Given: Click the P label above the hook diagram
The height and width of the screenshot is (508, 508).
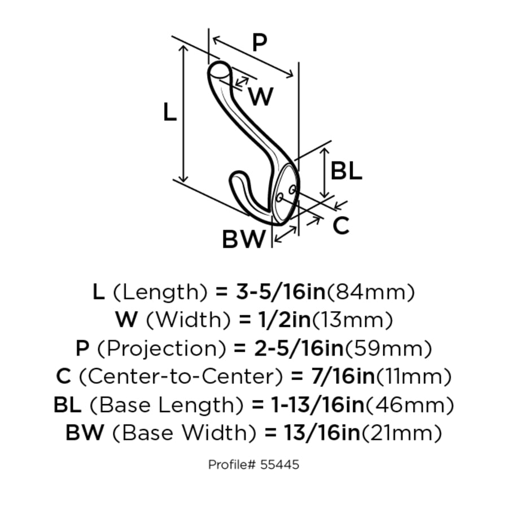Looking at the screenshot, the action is pos(260,42).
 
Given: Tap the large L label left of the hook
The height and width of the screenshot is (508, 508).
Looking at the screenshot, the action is pos(170,112).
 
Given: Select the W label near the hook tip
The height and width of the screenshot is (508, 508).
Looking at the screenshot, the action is pos(261,96).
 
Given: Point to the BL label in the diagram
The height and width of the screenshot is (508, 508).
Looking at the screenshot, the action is pos(346,170).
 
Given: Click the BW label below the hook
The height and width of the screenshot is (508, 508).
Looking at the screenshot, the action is pos(244,239).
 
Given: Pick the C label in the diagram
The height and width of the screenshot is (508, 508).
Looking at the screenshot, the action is pos(341,225).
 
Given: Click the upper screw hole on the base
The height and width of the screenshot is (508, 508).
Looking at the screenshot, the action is pos(292,190).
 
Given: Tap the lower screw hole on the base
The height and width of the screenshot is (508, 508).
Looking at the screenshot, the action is pos(279,197).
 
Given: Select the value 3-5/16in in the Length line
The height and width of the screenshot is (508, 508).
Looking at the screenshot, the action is pos(281,292).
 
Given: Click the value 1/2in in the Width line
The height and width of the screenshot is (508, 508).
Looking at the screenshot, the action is pos(285,320).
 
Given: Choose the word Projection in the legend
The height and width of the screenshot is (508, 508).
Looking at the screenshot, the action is pos(161,349).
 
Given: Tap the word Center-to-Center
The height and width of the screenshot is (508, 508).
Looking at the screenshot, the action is pos(181,376).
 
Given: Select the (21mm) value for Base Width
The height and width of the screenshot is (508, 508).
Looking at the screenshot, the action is pos(401,433).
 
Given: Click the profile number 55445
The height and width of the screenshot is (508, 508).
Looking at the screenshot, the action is pos(279,465).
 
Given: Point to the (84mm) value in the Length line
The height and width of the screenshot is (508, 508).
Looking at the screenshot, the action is pos(370,292).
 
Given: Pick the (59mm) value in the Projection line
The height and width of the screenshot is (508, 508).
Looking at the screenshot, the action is pos(388,349).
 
